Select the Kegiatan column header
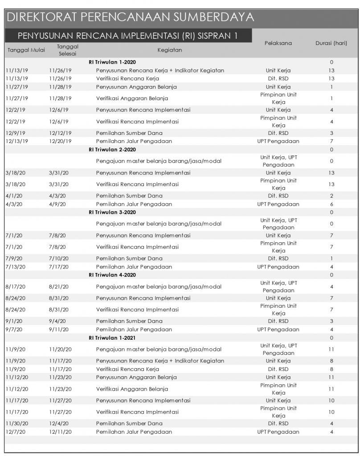[170, 50]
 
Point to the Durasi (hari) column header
[331, 43]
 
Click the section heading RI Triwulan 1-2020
[109, 62]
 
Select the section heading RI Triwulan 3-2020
[109, 212]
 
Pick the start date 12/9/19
[16, 133]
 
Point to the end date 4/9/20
[57, 204]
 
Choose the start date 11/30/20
[16, 423]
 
